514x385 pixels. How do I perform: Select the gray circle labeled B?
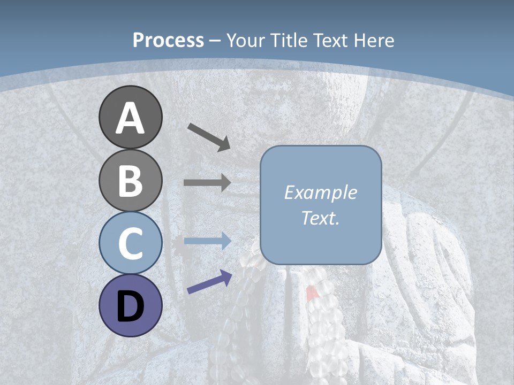131,180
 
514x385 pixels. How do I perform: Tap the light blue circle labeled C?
131,243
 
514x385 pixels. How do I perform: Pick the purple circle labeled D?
131,305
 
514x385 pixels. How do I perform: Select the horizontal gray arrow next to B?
207,182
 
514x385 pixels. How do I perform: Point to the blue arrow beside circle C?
207,241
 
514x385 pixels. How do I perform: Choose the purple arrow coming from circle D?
209,282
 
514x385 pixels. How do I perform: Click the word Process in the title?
168,41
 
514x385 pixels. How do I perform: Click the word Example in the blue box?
321,192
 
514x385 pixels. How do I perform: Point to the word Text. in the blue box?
321,218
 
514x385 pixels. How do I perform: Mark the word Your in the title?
246,41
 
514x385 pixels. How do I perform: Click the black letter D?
131,306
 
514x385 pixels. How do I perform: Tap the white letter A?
131,118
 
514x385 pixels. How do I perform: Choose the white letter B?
131,181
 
